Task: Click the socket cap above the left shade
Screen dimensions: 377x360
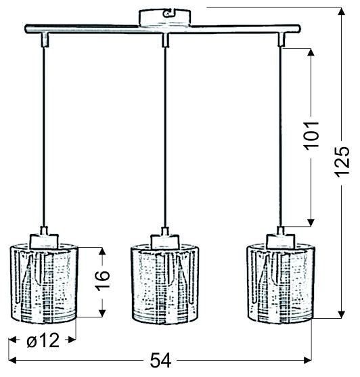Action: (x=45, y=239)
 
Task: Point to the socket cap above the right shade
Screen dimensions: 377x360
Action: (x=280, y=239)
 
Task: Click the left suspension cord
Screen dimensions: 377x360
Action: (x=45, y=135)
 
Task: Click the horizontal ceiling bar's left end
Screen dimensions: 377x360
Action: (x=27, y=30)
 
